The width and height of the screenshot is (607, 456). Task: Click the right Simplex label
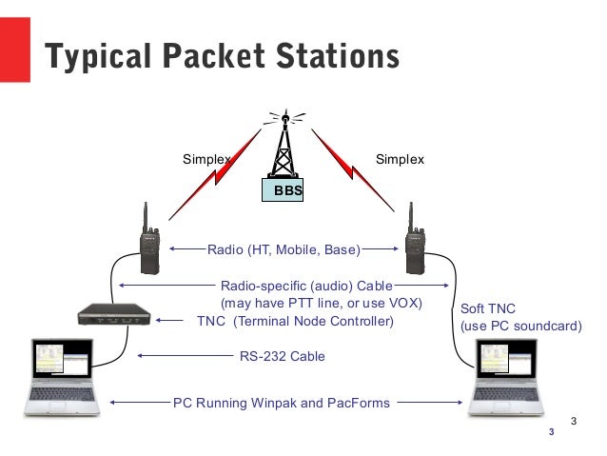pyautogui.click(x=400, y=158)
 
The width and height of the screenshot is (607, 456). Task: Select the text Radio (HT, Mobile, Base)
pyautogui.click(x=283, y=251)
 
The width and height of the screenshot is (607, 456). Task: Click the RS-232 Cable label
pyautogui.click(x=282, y=356)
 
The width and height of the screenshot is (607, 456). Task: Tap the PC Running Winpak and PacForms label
pyautogui.click(x=282, y=403)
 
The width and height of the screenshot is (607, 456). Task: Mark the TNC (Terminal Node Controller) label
pyautogui.click(x=294, y=322)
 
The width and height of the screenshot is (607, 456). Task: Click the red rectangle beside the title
pyautogui.click(x=15, y=55)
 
